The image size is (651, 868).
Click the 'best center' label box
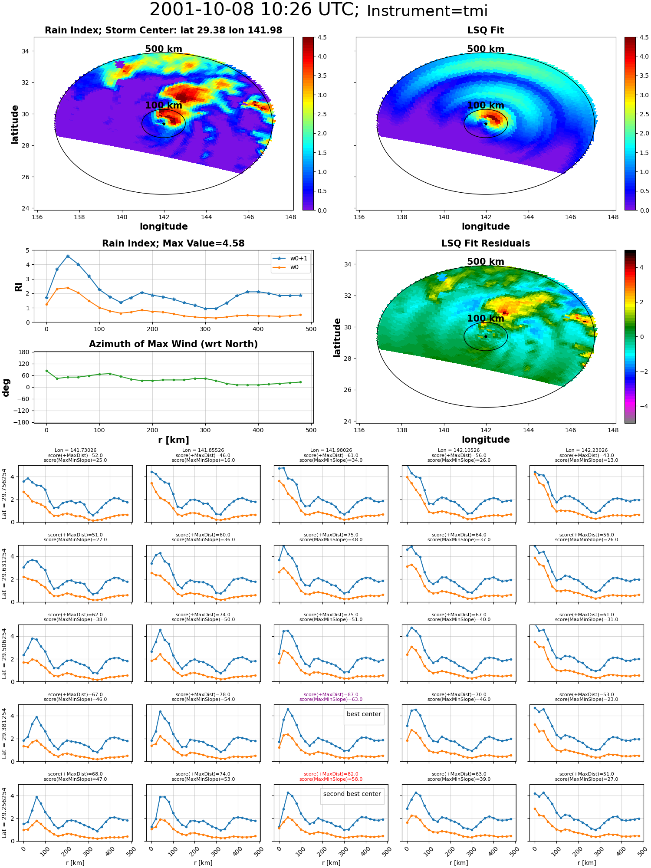(364, 714)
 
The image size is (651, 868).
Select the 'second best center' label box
(352, 794)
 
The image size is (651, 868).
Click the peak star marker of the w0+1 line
(68, 256)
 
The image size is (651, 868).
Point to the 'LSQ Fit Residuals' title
(486, 243)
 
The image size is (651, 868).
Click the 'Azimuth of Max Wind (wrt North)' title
(173, 344)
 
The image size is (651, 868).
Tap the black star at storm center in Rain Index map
(164, 124)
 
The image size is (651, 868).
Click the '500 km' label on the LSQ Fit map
(486, 49)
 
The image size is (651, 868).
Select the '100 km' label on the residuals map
(486, 319)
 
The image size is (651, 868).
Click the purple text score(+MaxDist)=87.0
(331, 694)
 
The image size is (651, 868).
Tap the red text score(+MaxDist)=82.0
(331, 774)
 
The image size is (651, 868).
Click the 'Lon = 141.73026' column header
(76, 450)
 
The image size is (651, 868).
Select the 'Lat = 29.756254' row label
(4, 494)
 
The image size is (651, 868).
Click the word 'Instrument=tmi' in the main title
(427, 11)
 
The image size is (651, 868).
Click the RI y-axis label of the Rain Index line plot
(18, 286)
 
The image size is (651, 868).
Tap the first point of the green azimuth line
(46, 371)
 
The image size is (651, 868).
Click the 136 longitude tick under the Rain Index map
(37, 217)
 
